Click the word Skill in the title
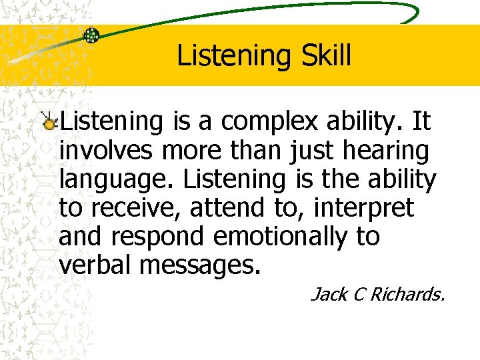coord(325,57)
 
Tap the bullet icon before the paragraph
coord(49,120)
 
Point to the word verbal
coord(96,265)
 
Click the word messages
coord(198,265)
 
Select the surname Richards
coord(409,294)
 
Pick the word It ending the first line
coord(421,123)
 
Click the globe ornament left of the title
coord(91,35)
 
